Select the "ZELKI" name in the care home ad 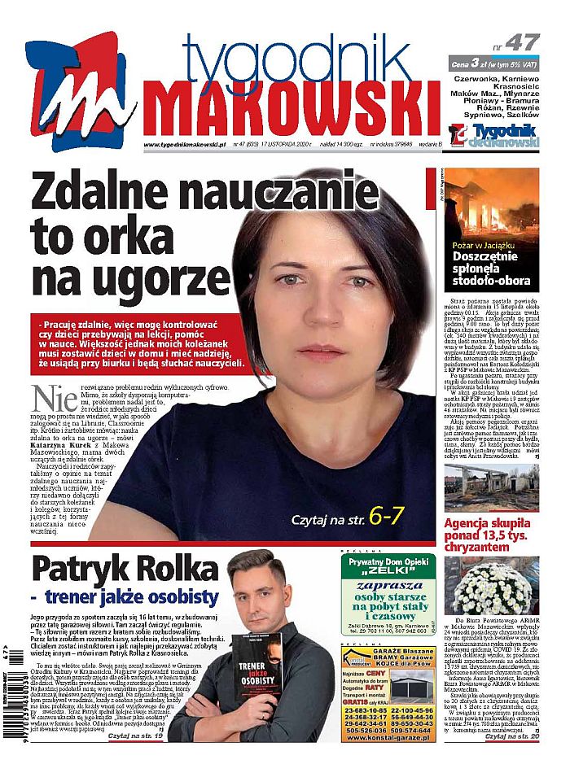[385, 571]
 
